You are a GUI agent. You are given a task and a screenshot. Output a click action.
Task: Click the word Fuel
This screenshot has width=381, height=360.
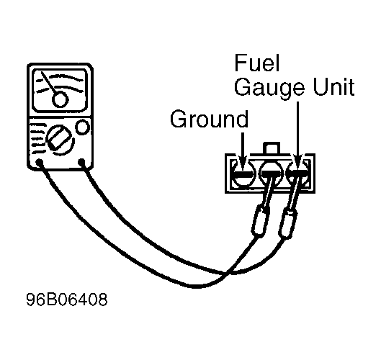257,63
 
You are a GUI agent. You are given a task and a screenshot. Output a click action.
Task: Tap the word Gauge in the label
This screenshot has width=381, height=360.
269,89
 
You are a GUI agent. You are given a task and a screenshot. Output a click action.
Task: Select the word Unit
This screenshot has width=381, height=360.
333,86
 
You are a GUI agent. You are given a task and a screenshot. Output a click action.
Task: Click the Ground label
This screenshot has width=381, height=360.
209,119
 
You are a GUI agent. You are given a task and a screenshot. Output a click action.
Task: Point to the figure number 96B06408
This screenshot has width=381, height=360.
66,300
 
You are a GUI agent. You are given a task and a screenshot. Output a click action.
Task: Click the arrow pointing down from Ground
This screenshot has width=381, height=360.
243,150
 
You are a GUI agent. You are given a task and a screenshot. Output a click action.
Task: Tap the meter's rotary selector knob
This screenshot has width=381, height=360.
60,140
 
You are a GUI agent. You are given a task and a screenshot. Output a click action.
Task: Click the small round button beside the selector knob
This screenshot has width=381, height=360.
83,127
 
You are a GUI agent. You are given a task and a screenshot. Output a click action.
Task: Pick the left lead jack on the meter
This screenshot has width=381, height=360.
40,163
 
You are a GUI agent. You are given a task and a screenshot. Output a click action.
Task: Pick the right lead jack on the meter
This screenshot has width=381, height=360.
81,162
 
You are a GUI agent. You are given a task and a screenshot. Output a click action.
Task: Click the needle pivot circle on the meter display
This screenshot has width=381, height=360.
60,99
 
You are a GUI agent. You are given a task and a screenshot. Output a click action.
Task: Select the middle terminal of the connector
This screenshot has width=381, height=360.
271,173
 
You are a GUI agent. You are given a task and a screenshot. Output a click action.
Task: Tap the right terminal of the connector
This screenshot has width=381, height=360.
298,173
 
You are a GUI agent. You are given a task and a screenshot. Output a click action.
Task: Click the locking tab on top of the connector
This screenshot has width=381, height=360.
272,148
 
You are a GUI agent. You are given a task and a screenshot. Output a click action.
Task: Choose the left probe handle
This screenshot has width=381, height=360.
261,220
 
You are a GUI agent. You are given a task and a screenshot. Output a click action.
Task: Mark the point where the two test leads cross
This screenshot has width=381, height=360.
227,273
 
